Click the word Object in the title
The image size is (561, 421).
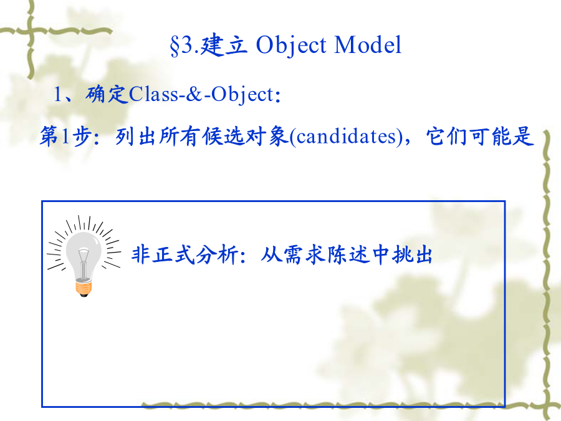pos(291,46)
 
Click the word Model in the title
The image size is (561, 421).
pos(368,45)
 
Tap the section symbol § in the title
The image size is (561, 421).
pos(175,46)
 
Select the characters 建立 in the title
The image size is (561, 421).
pos(223,45)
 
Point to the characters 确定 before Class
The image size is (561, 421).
pos(107,94)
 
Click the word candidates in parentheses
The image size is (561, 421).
pos(347,137)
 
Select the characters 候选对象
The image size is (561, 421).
pos(245,137)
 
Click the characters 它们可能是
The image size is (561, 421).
pos(480,137)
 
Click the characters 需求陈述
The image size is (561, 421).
pos(325,254)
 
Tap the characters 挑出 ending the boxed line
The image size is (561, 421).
pos(412,254)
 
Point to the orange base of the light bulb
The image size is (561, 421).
pos(84,288)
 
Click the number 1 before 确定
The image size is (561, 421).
pos(57,95)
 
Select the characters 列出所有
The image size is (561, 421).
pos(158,137)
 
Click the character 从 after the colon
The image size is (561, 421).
pos(271,254)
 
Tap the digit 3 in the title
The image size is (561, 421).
pos(186,45)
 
